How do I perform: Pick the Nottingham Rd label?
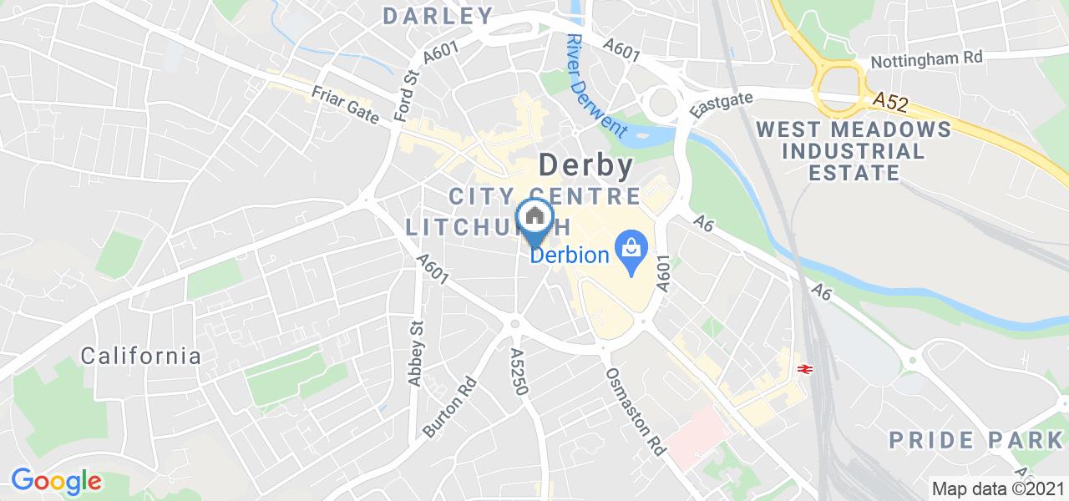pyautogui.click(x=926, y=60)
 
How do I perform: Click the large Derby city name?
pyautogui.click(x=585, y=165)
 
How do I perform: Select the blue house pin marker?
pyautogui.click(x=534, y=220)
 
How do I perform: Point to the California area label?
pyautogui.click(x=141, y=356)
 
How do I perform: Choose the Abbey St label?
pyautogui.click(x=415, y=355)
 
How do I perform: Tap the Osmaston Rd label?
pyautogui.click(x=635, y=410)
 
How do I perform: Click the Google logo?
pyautogui.click(x=56, y=480)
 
